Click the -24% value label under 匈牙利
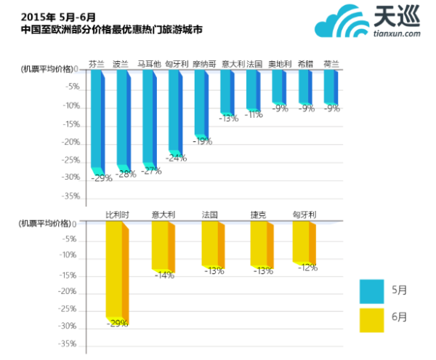(x=176, y=158)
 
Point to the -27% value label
(x=150, y=171)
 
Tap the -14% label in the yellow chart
(x=163, y=275)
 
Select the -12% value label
(x=307, y=268)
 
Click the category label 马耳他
(x=149, y=64)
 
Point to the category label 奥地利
(x=280, y=64)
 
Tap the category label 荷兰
(x=331, y=64)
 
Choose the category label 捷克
(x=259, y=215)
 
